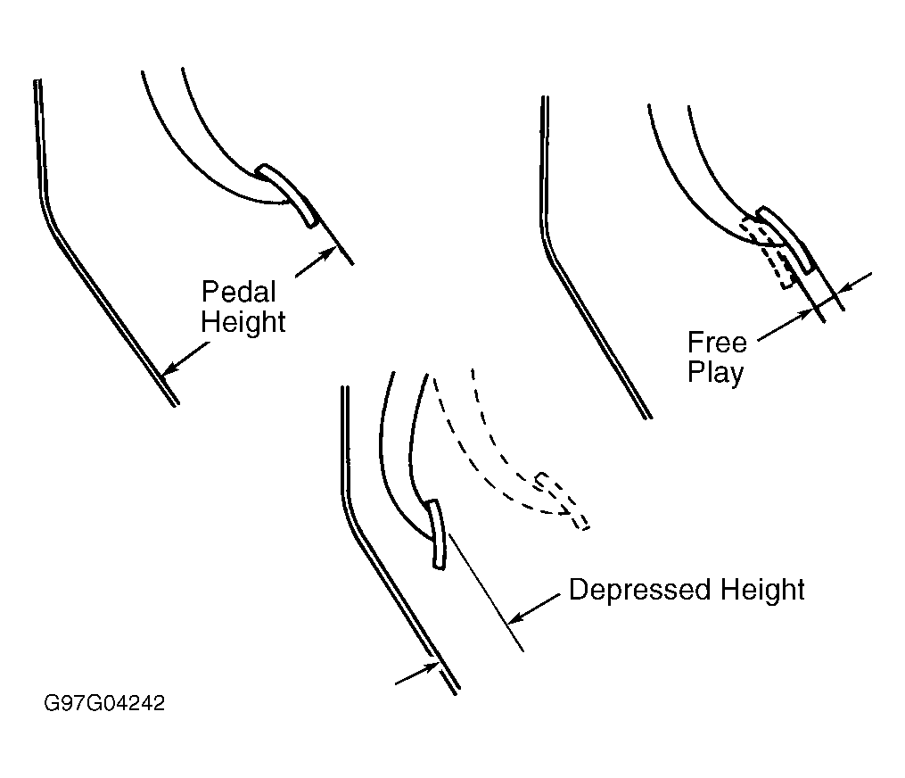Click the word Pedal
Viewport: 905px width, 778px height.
point(238,292)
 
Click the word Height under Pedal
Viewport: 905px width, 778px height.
point(243,322)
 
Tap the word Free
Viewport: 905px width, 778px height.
point(717,343)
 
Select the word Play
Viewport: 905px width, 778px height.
point(715,373)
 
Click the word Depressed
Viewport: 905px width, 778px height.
point(640,590)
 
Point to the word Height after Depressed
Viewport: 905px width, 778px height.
point(762,590)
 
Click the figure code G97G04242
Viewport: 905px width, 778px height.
point(104,703)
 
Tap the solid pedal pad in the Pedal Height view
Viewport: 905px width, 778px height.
point(286,195)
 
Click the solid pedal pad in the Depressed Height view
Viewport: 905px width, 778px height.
point(437,534)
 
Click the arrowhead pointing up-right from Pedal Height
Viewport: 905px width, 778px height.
point(327,254)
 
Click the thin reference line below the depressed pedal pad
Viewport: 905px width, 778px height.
point(485,592)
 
